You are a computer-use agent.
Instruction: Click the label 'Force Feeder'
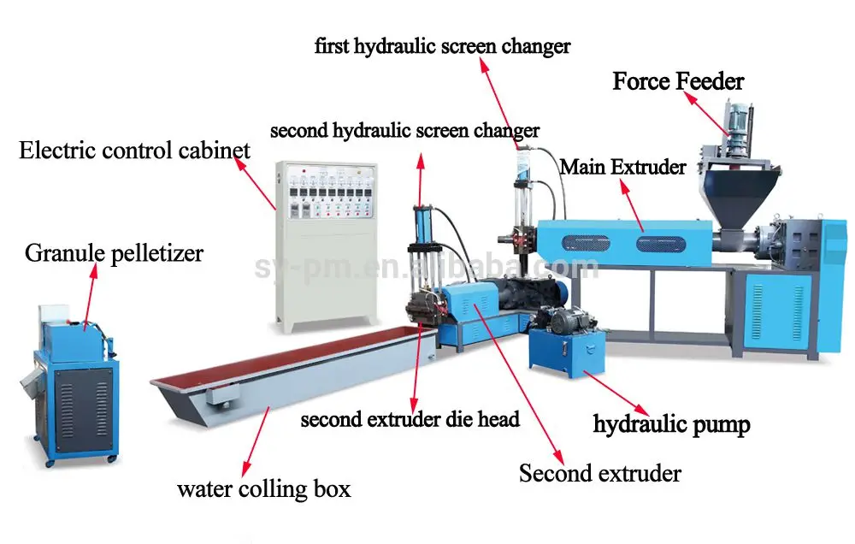point(678,82)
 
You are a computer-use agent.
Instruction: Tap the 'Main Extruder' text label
point(622,167)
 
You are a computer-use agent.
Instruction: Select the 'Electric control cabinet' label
point(134,151)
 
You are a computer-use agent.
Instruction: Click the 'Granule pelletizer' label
point(114,254)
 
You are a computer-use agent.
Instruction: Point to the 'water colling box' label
point(263,489)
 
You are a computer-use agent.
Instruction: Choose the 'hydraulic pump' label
point(671,423)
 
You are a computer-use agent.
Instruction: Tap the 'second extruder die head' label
point(410,420)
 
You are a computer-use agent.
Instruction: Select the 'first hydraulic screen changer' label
point(442,45)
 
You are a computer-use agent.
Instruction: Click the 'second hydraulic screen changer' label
point(404,131)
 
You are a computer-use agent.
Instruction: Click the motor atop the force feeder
point(736,119)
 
